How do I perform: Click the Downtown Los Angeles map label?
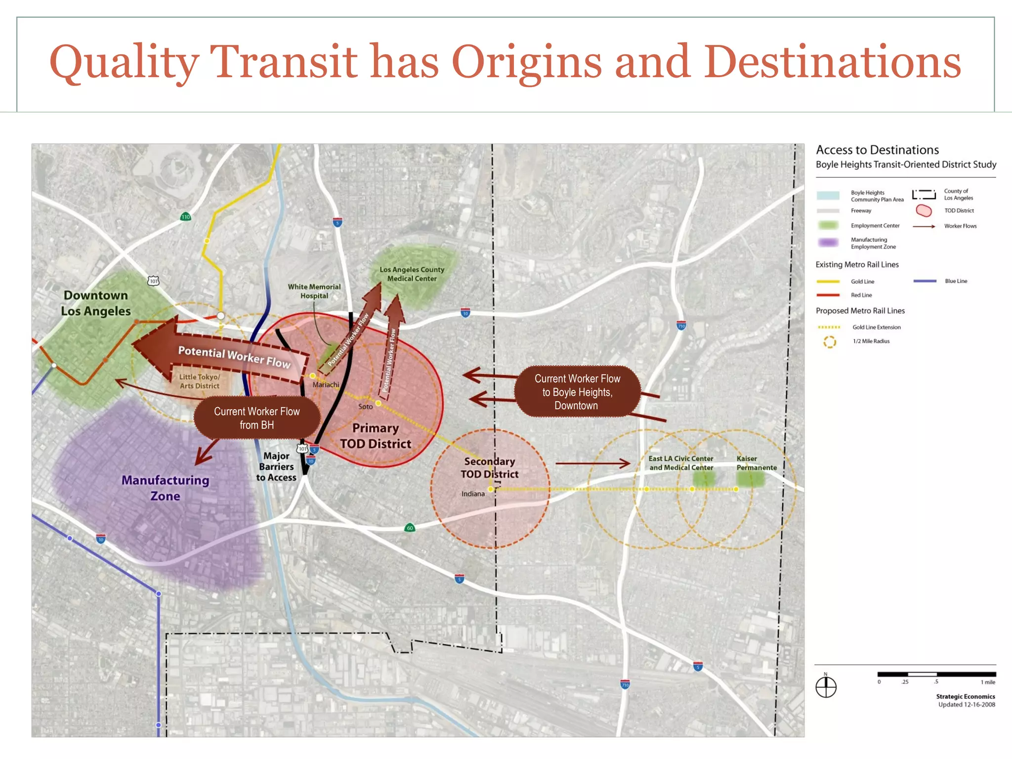click(96, 303)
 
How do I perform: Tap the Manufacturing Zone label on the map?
click(166, 488)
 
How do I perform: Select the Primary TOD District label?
click(376, 436)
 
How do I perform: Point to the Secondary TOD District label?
click(490, 467)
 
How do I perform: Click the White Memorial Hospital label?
click(314, 291)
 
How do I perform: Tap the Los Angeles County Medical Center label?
click(412, 274)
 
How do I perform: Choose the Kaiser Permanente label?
click(756, 463)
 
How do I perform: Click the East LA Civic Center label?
click(681, 463)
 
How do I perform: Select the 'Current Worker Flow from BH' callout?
click(256, 418)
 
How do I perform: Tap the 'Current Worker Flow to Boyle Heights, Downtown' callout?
click(577, 392)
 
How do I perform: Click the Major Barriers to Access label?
click(276, 466)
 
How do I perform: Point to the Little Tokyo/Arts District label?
click(199, 381)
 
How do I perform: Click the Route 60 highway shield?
click(410, 528)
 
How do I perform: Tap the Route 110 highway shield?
click(186, 217)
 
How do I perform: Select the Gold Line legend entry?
click(862, 282)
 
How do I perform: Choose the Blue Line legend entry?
click(956, 281)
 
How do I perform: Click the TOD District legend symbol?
click(924, 211)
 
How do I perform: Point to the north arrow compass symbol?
click(826, 687)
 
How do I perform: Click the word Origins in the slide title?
click(526, 62)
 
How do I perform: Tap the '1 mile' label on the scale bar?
click(988, 682)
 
